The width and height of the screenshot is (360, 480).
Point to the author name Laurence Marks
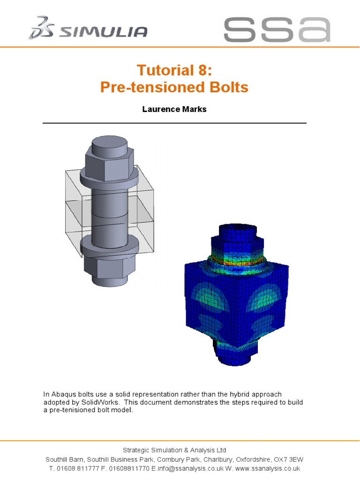[x=174, y=109]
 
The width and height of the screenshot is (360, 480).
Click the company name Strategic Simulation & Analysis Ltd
[x=174, y=450]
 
